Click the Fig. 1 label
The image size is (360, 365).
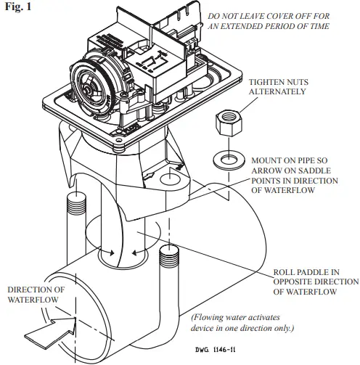(15, 7)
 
